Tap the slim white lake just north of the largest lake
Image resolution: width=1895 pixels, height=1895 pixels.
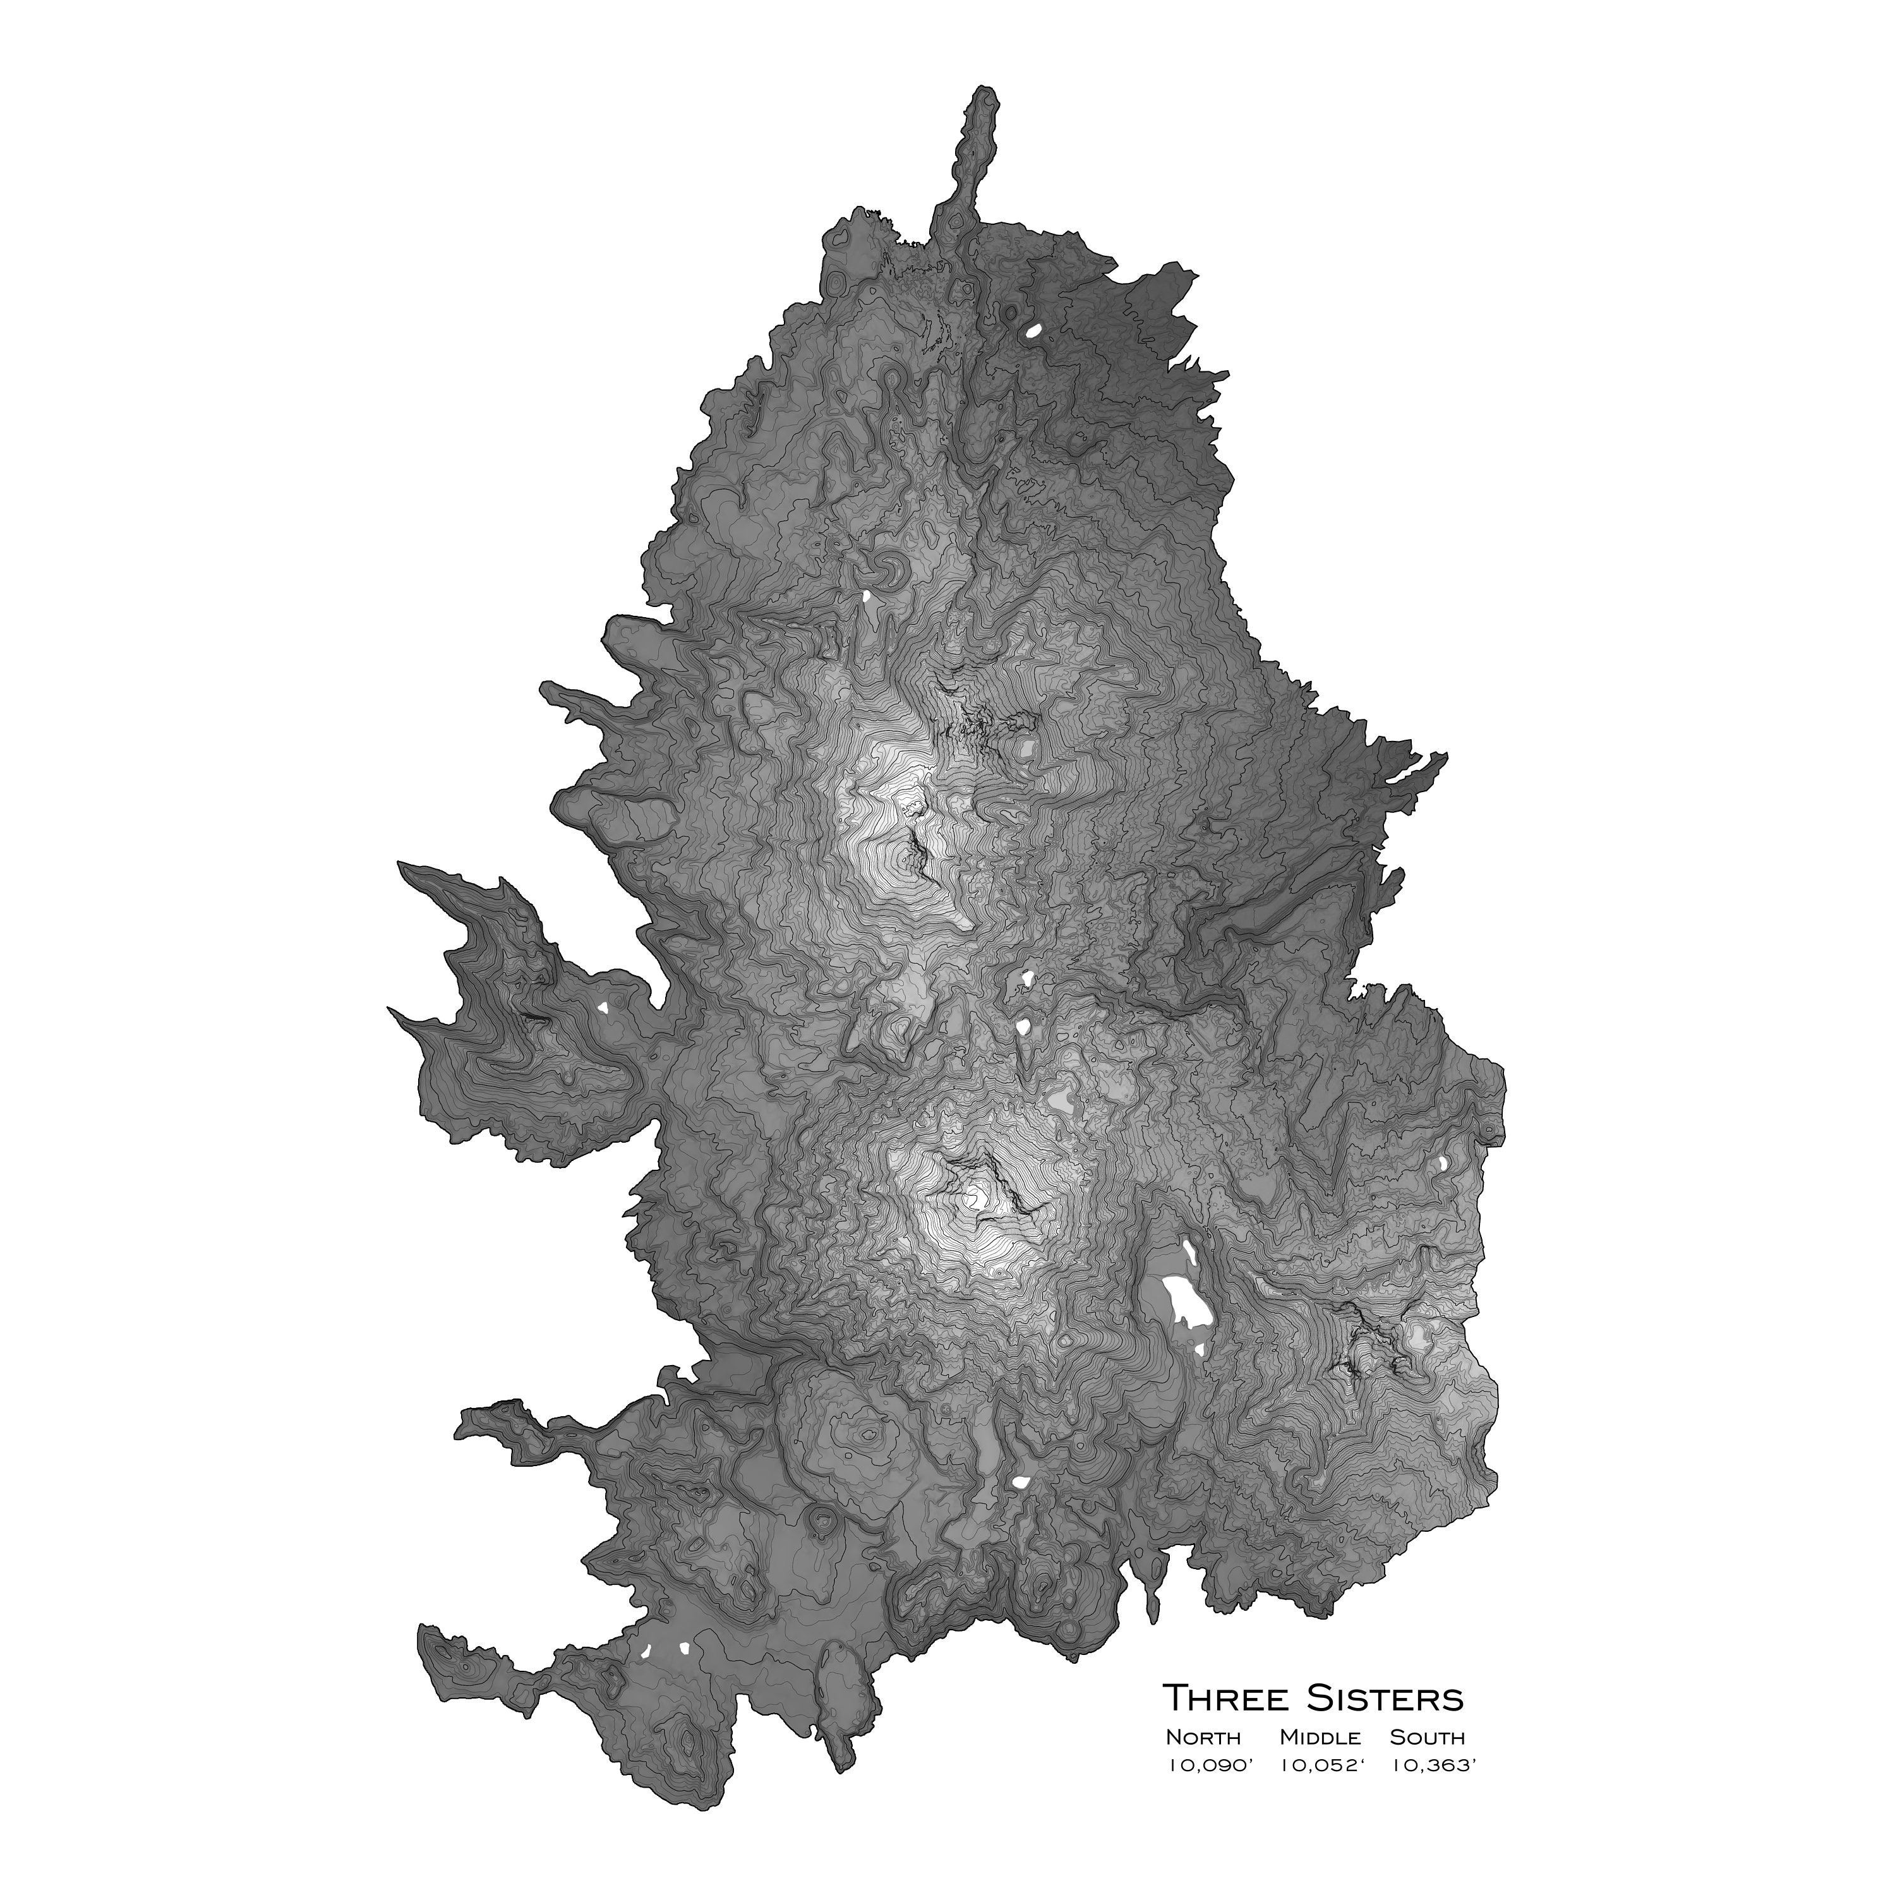[1189, 1253]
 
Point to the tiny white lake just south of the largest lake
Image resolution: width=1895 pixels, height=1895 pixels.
[1200, 1351]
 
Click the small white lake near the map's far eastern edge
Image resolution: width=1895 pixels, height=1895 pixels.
[1443, 1164]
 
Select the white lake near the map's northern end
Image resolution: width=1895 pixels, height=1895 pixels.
[1032, 330]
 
